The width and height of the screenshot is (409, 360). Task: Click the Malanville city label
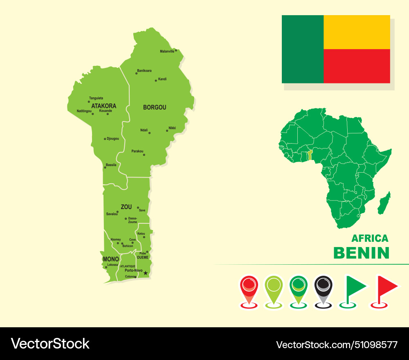click(x=167, y=52)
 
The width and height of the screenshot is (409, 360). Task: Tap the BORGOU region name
click(x=155, y=108)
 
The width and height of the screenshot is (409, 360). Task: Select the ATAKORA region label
click(x=103, y=106)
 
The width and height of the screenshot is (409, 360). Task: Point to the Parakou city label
click(x=137, y=151)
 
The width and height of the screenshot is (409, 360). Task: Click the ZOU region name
click(x=126, y=207)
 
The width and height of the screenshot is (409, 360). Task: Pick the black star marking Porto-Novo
click(x=146, y=273)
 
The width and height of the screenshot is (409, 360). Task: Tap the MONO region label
click(x=111, y=259)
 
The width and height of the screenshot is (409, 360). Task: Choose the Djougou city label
click(x=112, y=139)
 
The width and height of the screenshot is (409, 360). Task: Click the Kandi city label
click(x=162, y=79)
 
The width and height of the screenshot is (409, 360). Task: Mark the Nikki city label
click(x=172, y=128)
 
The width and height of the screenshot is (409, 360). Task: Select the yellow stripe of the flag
click(x=357, y=32)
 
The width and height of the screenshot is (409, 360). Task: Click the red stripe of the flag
click(x=357, y=66)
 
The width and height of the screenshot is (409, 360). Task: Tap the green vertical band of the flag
click(x=303, y=49)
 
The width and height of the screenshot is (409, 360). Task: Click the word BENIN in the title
click(x=361, y=253)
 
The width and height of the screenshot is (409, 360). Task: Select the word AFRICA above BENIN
click(x=370, y=239)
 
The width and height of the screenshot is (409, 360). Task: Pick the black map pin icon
click(x=324, y=287)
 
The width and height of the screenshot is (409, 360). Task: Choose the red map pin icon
click(x=249, y=287)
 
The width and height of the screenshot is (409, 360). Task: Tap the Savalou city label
click(x=112, y=214)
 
